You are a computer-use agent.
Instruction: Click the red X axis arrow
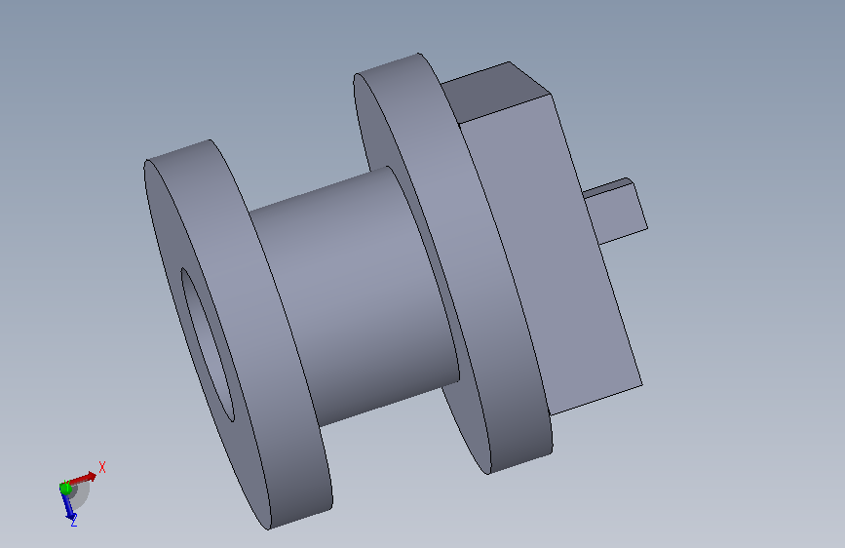point(82,479)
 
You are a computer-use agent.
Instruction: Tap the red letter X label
point(102,467)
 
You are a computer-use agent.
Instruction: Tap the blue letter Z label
point(74,521)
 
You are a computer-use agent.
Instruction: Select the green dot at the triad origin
point(65,489)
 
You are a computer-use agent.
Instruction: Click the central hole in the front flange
point(208,344)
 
